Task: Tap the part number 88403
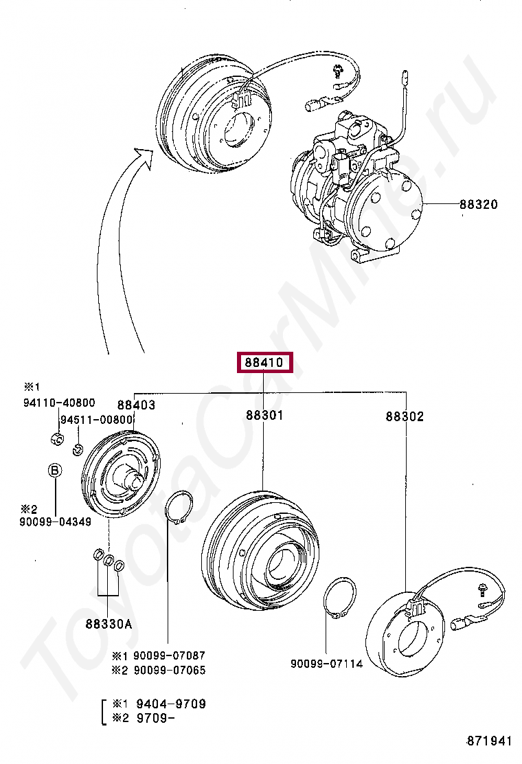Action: click(x=136, y=405)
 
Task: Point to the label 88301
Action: click(x=264, y=416)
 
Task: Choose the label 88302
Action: click(x=405, y=416)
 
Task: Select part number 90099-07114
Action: click(x=326, y=664)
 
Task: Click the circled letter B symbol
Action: click(x=54, y=471)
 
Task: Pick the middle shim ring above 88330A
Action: click(x=108, y=560)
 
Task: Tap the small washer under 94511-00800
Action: click(x=78, y=450)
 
